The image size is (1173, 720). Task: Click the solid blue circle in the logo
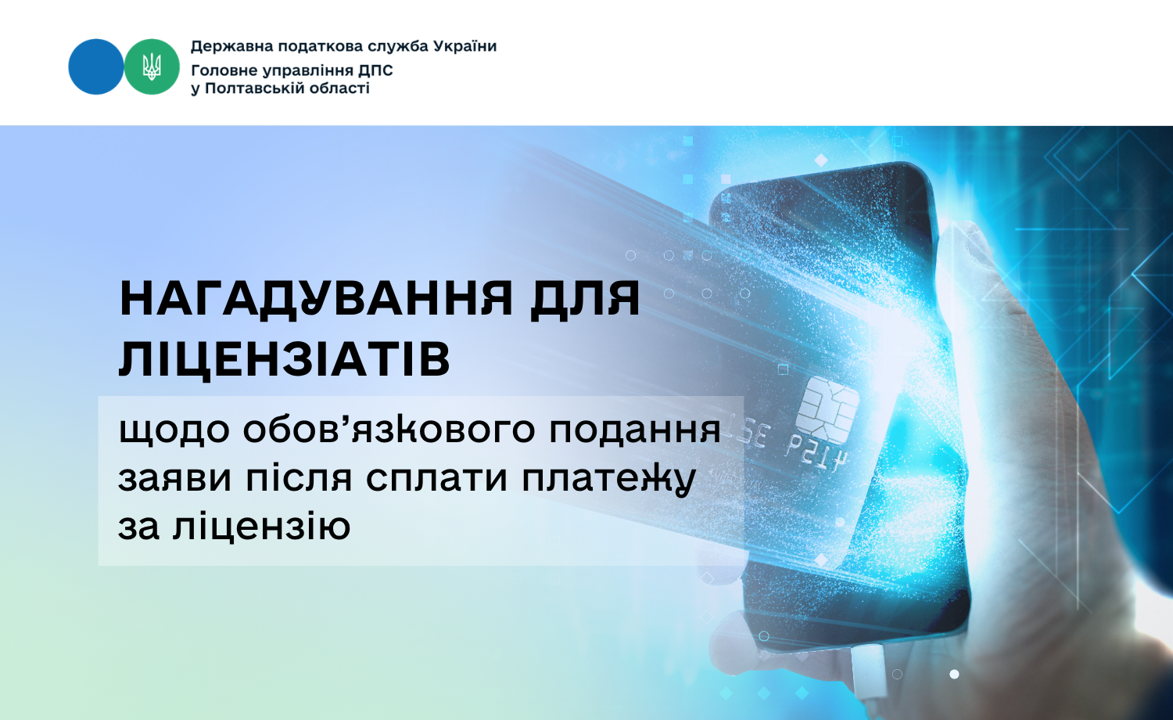point(96,67)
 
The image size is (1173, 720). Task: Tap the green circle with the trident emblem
point(152,67)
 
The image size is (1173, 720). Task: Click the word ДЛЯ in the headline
point(585,300)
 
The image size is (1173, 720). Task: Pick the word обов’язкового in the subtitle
point(389,430)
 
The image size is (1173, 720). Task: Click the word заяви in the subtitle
point(175,479)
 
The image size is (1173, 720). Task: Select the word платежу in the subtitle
point(608,479)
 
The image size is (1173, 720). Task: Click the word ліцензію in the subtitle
point(261,527)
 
